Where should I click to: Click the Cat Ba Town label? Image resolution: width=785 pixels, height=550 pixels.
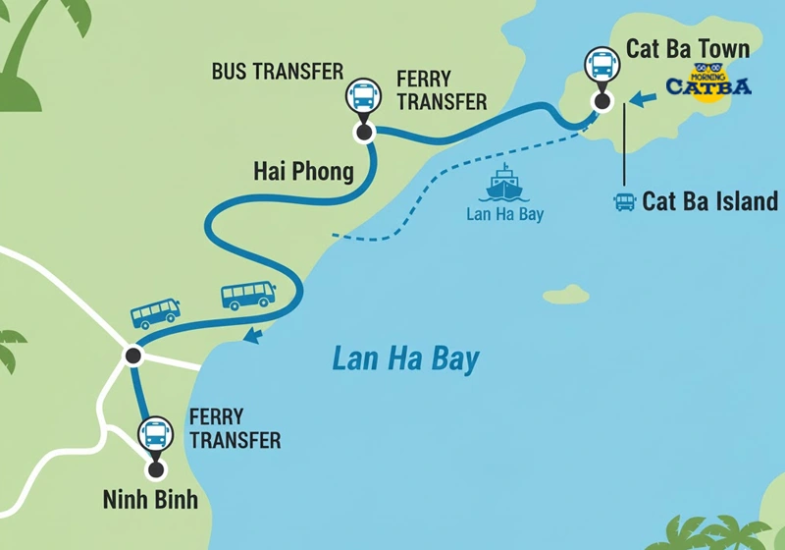(x=688, y=49)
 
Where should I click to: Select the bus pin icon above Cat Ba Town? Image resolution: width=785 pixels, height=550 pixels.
(x=602, y=66)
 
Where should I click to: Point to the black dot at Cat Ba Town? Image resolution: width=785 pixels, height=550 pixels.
(x=602, y=100)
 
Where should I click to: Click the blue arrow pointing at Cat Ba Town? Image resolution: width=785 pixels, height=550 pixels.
(x=643, y=98)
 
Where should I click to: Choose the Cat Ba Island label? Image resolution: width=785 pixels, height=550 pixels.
(x=709, y=202)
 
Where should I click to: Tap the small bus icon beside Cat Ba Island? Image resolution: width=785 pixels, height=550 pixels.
(x=624, y=202)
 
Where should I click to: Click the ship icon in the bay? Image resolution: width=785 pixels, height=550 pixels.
(x=503, y=184)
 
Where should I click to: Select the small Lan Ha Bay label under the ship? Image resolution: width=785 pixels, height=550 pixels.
(x=503, y=213)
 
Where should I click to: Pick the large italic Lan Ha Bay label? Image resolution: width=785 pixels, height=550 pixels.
(x=405, y=359)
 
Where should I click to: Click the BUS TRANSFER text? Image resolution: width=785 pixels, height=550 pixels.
(x=278, y=72)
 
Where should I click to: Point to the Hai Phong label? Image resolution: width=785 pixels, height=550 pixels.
(x=303, y=173)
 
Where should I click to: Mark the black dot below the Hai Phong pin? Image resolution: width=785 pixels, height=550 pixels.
(x=364, y=132)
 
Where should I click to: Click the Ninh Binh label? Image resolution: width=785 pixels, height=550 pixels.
(x=150, y=500)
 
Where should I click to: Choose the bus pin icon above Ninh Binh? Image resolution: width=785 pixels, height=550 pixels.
(x=155, y=433)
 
